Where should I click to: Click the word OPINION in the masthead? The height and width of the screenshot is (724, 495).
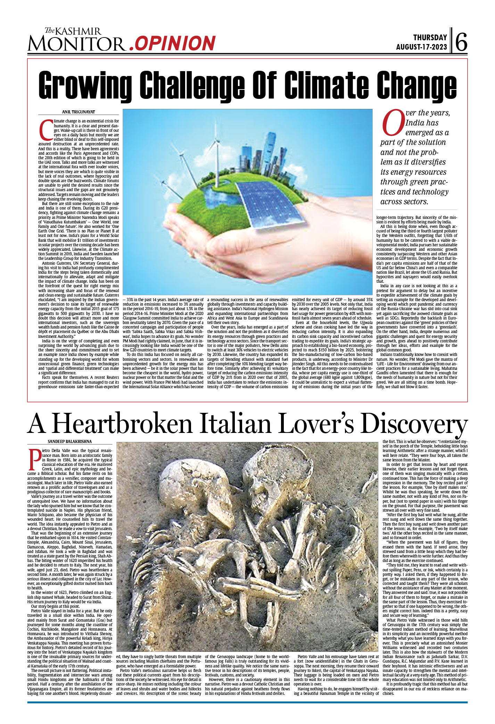(175, 43)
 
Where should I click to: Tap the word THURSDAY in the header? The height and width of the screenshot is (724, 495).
(430, 37)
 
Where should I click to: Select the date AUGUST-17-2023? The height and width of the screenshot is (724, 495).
(421, 47)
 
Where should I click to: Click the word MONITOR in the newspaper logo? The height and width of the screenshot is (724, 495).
(77, 44)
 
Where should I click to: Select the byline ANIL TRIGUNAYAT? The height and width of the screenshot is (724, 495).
(79, 112)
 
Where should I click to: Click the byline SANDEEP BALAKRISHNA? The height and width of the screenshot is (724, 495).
(70, 442)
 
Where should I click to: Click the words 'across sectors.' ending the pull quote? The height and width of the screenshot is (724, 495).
(404, 202)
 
